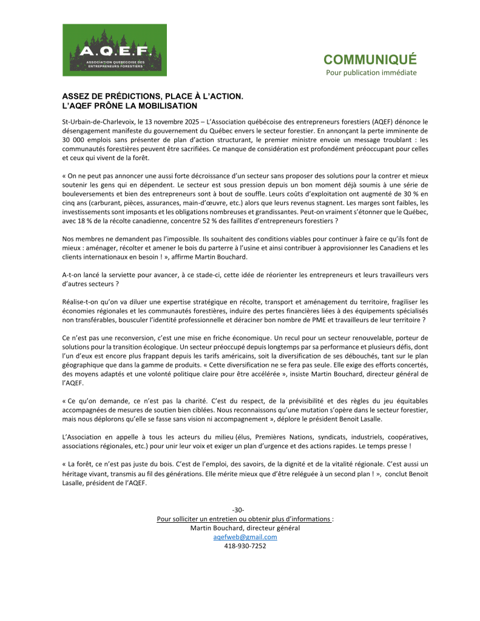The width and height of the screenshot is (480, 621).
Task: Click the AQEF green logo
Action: tap(114, 50)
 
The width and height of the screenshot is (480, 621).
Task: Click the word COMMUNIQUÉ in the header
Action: tap(370, 59)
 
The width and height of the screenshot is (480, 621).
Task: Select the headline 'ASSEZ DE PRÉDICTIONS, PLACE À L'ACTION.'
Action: tap(153, 96)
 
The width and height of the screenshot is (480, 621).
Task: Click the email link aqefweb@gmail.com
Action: tap(245, 537)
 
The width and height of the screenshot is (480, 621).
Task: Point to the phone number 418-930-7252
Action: tap(245, 546)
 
